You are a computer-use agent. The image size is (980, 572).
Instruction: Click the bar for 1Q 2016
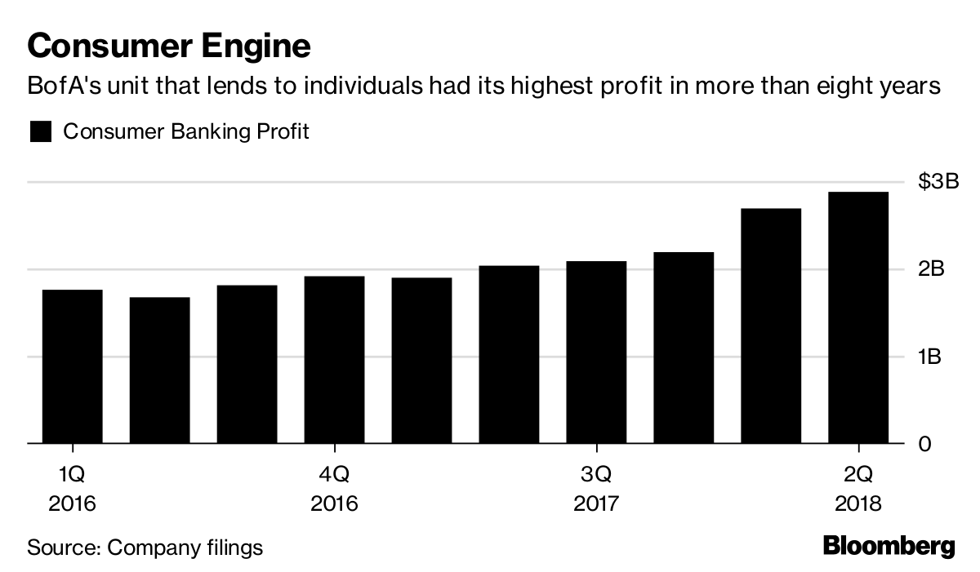(x=72, y=367)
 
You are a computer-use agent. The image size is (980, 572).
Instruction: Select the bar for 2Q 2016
(x=159, y=371)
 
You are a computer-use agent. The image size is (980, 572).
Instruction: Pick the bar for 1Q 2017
(x=421, y=361)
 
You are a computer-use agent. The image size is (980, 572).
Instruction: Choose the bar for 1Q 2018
(x=771, y=326)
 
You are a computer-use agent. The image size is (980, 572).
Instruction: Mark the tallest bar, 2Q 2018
(x=858, y=318)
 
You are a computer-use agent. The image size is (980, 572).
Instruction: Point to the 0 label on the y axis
(x=925, y=445)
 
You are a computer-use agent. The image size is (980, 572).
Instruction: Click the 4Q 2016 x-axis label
(x=334, y=488)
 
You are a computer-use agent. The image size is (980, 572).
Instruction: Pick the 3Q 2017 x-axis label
(x=596, y=488)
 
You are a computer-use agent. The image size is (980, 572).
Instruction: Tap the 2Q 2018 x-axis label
(x=858, y=488)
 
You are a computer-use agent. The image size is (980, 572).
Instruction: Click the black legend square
(x=41, y=132)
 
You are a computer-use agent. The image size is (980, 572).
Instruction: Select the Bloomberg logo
(x=889, y=545)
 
